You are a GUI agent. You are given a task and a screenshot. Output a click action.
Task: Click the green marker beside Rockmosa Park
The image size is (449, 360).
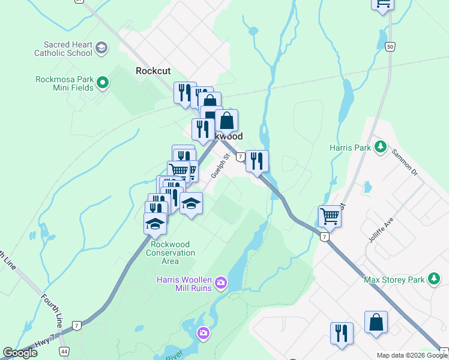[102, 83]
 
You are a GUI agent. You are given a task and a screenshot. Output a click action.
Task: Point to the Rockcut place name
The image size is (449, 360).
[153, 70]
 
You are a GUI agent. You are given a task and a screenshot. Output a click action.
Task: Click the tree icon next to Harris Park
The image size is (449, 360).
[379, 146]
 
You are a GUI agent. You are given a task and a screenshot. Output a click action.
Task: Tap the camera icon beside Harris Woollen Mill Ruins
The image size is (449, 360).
[221, 283]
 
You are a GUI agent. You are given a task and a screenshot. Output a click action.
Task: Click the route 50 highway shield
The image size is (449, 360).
[390, 47]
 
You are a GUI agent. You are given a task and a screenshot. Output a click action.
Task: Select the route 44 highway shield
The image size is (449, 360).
[64, 350]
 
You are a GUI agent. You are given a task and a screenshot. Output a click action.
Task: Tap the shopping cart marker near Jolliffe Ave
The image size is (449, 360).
[330, 216]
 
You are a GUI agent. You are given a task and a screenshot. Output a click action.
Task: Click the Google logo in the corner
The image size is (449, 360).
[20, 353]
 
